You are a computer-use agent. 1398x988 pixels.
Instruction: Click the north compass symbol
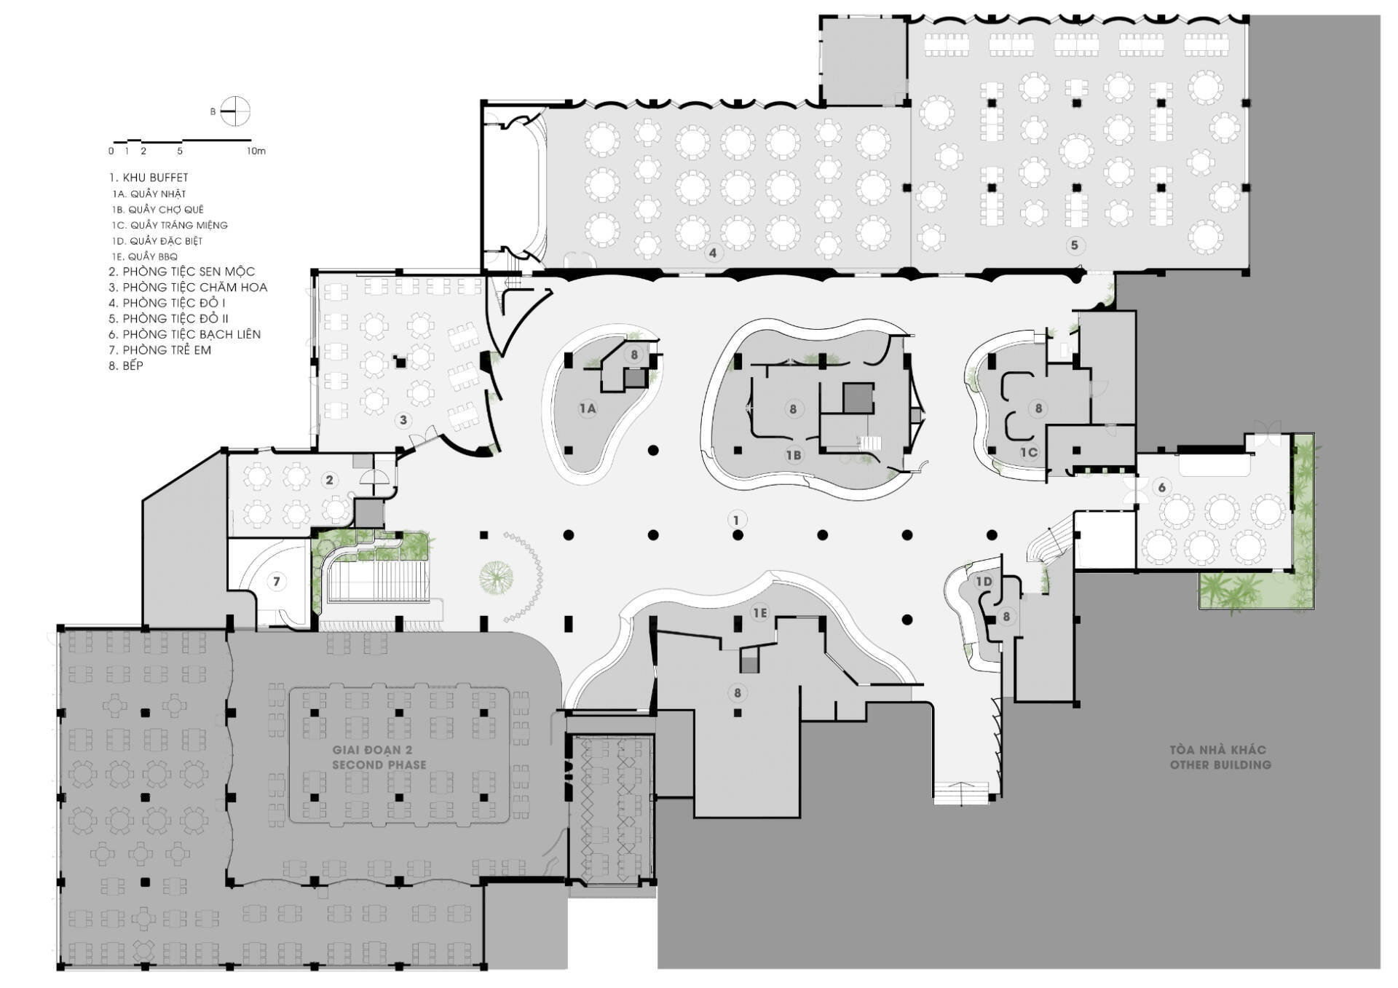[x=234, y=111]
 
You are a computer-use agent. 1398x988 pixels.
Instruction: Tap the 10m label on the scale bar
[x=256, y=151]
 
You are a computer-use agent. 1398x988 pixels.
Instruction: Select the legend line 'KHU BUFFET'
[x=149, y=178]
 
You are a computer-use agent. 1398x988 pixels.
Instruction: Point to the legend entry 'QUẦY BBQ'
[x=145, y=256]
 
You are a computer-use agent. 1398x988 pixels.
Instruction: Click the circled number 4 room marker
[x=713, y=253]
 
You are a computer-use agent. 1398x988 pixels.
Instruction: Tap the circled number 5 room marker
[x=1074, y=245]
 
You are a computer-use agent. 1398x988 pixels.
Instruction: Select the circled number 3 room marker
[x=403, y=420]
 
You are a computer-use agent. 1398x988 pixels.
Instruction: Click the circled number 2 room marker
[x=329, y=481]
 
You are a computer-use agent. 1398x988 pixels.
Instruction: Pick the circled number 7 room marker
[x=276, y=582]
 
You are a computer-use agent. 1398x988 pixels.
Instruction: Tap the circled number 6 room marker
[x=1161, y=488]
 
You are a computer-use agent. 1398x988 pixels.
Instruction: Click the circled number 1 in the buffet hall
[x=736, y=520]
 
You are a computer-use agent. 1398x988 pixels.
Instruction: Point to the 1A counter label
[x=588, y=408]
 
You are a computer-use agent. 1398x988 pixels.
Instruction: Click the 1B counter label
[x=793, y=455]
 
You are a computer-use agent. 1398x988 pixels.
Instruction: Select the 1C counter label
[x=1028, y=452]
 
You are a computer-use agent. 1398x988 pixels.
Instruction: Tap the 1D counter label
[x=984, y=581]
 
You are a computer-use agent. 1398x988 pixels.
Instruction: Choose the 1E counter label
[x=759, y=613]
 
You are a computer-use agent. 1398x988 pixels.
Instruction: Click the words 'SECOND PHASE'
[x=379, y=765]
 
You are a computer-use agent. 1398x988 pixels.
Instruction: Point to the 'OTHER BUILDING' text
[x=1220, y=765]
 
